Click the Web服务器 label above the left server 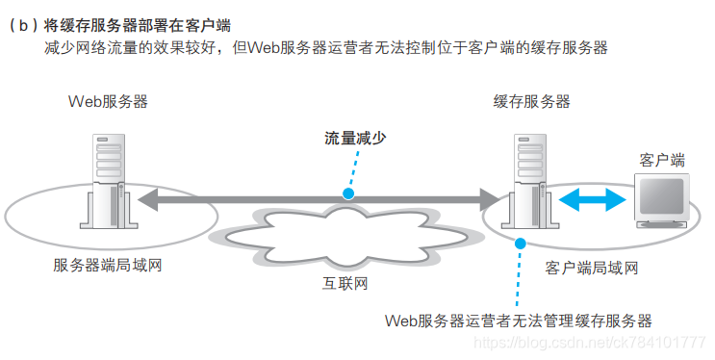[x=108, y=101]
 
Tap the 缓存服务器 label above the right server [x=531, y=101]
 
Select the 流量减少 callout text [x=355, y=138]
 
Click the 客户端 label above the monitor [x=661, y=159]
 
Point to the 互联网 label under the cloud [x=345, y=284]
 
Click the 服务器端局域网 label [x=107, y=265]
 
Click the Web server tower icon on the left [x=107, y=183]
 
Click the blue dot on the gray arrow [x=347, y=193]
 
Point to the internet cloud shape [x=346, y=236]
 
